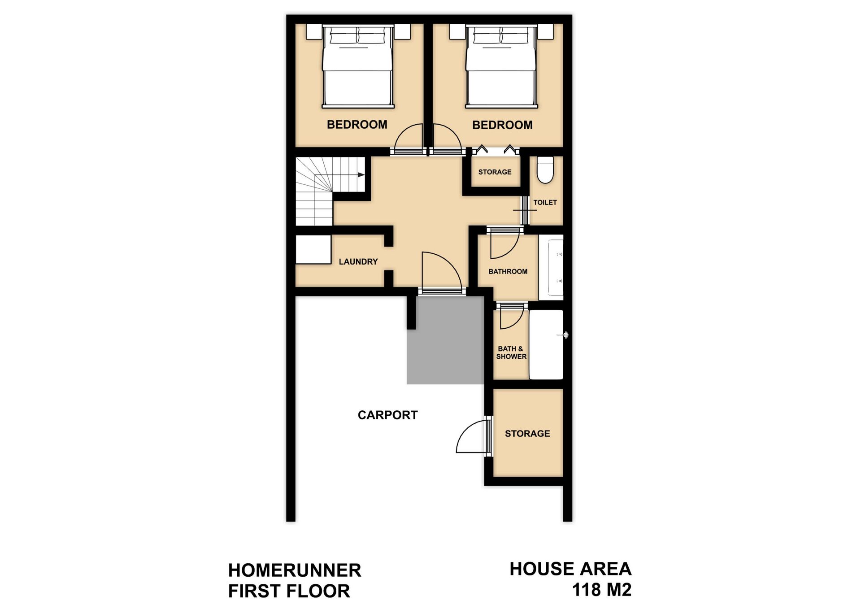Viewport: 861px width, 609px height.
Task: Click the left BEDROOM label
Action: (357, 125)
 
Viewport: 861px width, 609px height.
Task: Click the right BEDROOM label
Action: (502, 125)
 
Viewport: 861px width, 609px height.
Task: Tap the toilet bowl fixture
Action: (545, 170)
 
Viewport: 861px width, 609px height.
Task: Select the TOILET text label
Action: (545, 203)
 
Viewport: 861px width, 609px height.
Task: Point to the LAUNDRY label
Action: (358, 262)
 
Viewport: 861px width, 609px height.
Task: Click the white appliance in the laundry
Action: (313, 249)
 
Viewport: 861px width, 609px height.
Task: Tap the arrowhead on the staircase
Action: (361, 174)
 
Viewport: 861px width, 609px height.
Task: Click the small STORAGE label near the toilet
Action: (495, 172)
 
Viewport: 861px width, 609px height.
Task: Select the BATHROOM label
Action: (508, 272)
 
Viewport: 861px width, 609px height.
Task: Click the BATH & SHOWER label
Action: (511, 352)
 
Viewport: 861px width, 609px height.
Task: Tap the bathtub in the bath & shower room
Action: (546, 345)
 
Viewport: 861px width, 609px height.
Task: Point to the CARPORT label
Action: (387, 415)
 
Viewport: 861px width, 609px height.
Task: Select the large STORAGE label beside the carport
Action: (527, 434)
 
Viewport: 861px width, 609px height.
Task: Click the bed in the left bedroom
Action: (358, 66)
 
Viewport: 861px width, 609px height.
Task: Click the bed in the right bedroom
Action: (501, 66)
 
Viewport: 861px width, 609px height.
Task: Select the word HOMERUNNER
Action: (295, 570)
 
